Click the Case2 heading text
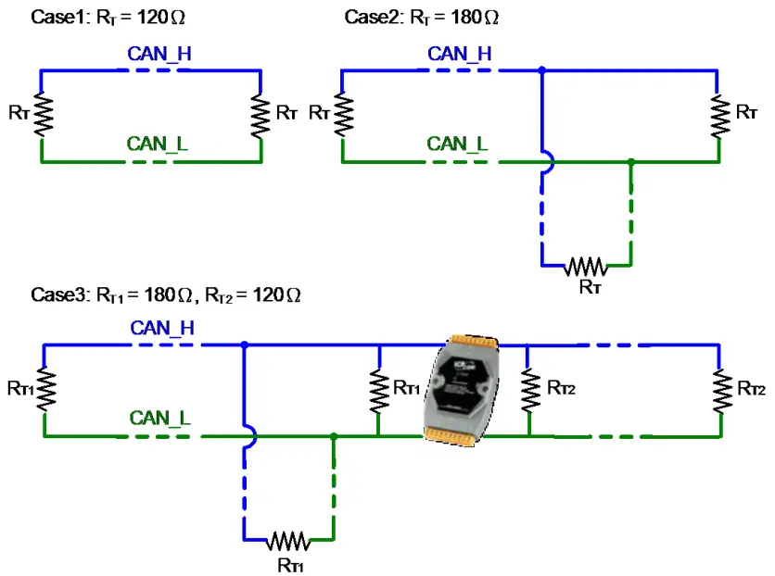[x=422, y=17]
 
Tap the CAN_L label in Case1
[x=158, y=144]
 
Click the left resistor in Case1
[x=41, y=114]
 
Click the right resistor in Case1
[x=261, y=114]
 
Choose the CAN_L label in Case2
[x=457, y=144]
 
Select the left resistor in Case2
[x=344, y=115]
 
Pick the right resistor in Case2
[x=718, y=114]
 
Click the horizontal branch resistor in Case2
[x=585, y=267]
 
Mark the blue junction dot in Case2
[x=541, y=69]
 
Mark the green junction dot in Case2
[x=630, y=162]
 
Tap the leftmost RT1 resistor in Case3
[x=44, y=389]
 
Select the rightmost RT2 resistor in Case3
[x=719, y=389]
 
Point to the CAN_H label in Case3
[x=161, y=327]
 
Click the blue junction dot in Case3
[x=244, y=344]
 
